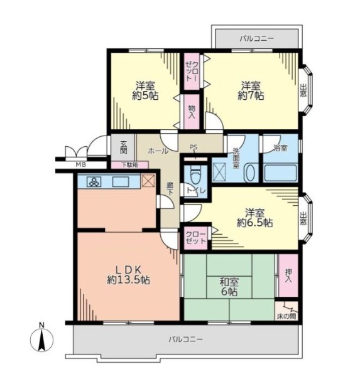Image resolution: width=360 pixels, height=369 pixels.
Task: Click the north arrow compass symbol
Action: pyautogui.click(x=41, y=340)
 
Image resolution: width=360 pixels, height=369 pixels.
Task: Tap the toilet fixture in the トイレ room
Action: pyautogui.click(x=195, y=174)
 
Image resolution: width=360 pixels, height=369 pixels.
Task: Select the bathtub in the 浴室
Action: pyautogui.click(x=280, y=173)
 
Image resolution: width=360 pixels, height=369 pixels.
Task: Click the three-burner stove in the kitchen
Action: pyautogui.click(x=94, y=181)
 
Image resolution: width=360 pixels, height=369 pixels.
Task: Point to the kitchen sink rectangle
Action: pyautogui.click(x=121, y=182)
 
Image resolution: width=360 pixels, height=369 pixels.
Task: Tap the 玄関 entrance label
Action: pyautogui.click(x=123, y=147)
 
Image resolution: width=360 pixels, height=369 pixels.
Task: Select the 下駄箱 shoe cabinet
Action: pyautogui.click(x=129, y=164)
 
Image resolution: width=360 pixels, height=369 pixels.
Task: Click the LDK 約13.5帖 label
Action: pyautogui.click(x=128, y=274)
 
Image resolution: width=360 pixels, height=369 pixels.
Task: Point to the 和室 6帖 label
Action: pyautogui.click(x=229, y=287)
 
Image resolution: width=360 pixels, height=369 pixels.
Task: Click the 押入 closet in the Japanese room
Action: pyautogui.click(x=288, y=275)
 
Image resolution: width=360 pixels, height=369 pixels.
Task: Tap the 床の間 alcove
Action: pyautogui.click(x=286, y=311)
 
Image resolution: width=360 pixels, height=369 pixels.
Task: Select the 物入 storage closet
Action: pyautogui.click(x=192, y=112)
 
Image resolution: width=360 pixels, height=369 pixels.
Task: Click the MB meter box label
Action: pyautogui.click(x=81, y=164)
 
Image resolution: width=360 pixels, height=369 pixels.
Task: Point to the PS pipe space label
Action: pyautogui.click(x=194, y=147)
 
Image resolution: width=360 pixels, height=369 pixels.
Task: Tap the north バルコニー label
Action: pyautogui.click(x=257, y=38)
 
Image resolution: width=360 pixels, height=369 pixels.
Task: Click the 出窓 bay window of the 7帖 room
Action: pyautogui.click(x=306, y=90)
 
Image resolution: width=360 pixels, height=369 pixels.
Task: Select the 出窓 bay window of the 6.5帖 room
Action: pyautogui.click(x=306, y=218)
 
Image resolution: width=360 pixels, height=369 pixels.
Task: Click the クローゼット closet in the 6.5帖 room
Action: pyautogui.click(x=195, y=238)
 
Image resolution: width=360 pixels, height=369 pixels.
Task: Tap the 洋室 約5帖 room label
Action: pyautogui.click(x=145, y=90)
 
